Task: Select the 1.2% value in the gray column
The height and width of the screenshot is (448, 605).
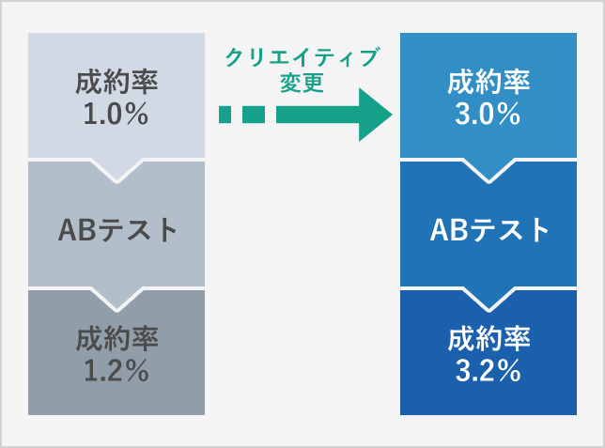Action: coord(116,371)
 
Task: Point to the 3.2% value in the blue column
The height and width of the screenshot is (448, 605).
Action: coord(489,371)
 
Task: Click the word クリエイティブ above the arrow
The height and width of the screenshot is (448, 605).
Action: coord(302,58)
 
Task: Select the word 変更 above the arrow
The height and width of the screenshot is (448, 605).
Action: coord(302,83)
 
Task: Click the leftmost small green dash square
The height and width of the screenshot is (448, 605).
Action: coord(225,115)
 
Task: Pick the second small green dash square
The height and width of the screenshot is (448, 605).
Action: coord(254,115)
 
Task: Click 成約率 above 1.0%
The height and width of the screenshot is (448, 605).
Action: coord(116,83)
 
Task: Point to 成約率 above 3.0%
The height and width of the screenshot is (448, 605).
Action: coord(489,83)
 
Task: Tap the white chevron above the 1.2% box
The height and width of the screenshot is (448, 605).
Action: coord(116,296)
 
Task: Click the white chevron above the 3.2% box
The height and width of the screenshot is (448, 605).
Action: coord(489,296)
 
